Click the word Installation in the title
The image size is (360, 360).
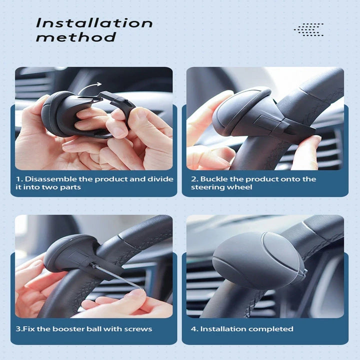tap(94, 23)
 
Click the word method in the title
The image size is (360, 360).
tap(76, 37)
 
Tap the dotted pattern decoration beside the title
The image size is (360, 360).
tap(308, 29)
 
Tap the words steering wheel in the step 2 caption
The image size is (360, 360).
tap(221, 187)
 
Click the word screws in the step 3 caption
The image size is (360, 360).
tap(138, 329)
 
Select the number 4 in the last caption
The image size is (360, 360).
tap(193, 329)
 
